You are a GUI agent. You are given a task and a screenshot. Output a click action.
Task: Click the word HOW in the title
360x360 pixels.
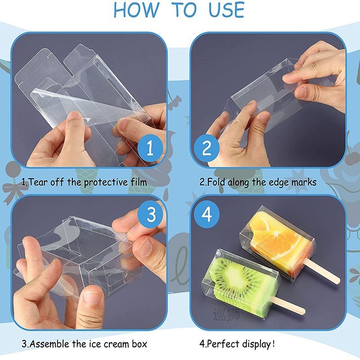click(137, 10)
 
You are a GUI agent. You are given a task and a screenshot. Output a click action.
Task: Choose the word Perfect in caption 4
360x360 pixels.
click(223, 344)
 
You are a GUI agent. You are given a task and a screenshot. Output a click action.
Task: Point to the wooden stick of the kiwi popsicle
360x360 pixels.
click(290, 306)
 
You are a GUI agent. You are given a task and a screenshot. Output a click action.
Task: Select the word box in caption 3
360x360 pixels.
click(138, 344)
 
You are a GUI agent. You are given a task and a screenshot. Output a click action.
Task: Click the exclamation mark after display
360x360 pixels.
click(273, 344)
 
